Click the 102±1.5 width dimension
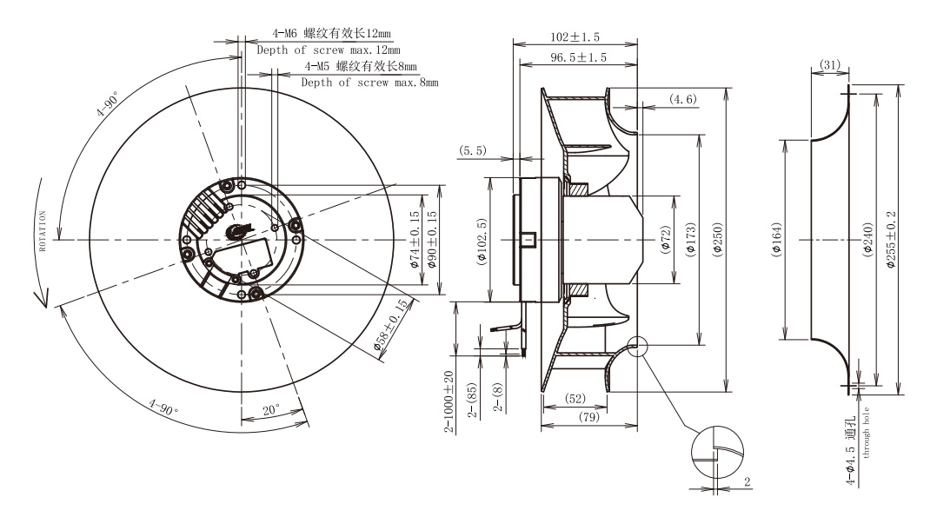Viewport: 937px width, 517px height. pyautogui.click(x=575, y=37)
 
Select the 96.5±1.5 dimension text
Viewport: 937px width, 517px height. pyautogui.click(x=578, y=57)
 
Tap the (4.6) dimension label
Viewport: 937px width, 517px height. pyautogui.click(x=683, y=99)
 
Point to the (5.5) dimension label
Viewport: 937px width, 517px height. pyautogui.click(x=472, y=150)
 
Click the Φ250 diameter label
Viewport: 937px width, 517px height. pyautogui.click(x=718, y=240)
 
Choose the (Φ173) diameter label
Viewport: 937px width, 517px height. pyautogui.click(x=691, y=240)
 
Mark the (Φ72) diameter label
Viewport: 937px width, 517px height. pyautogui.click(x=666, y=240)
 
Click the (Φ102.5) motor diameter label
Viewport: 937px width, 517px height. pyautogui.click(x=482, y=241)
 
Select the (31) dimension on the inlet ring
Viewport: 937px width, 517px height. pyautogui.click(x=829, y=64)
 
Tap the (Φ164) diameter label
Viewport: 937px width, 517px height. pyautogui.click(x=776, y=240)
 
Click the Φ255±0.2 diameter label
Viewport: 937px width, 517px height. pyautogui.click(x=891, y=240)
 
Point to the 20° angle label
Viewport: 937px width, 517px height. pyautogui.click(x=271, y=410)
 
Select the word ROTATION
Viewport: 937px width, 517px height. pyautogui.click(x=43, y=231)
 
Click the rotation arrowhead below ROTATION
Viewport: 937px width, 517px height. pyautogui.click(x=41, y=298)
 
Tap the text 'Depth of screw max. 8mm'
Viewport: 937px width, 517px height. pyautogui.click(x=369, y=83)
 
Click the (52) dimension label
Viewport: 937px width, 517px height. pyautogui.click(x=575, y=399)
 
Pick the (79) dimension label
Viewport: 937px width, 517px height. pyautogui.click(x=589, y=416)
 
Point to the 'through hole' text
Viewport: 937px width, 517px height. pyautogui.click(x=866, y=433)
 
